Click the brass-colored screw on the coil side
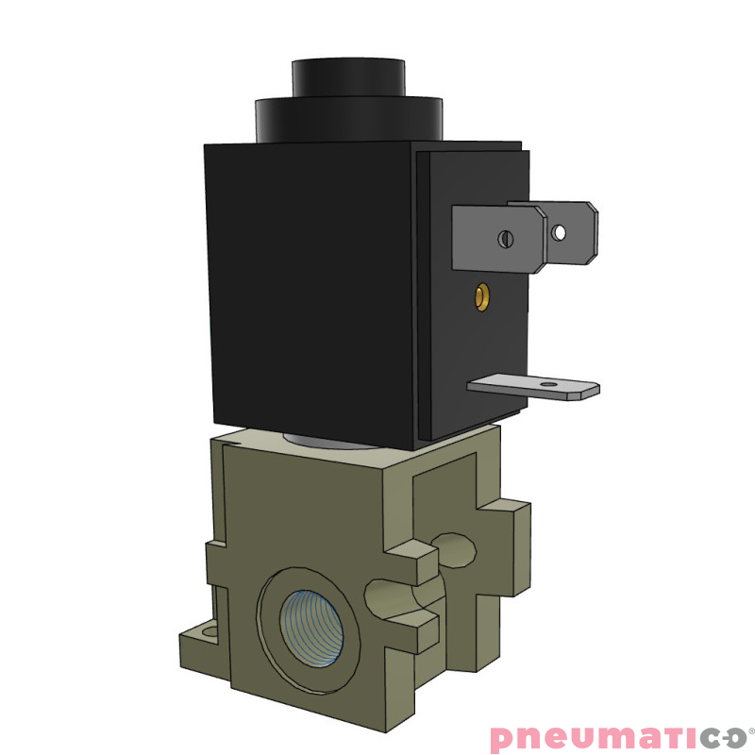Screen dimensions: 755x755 pyautogui.click(x=482, y=297)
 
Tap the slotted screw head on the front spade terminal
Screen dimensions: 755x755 pyautogui.click(x=506, y=239)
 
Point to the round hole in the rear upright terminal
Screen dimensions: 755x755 pyautogui.click(x=560, y=230)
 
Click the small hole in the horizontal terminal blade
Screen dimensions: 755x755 pyautogui.click(x=545, y=384)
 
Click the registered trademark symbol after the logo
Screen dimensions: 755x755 pyautogui.click(x=750, y=730)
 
